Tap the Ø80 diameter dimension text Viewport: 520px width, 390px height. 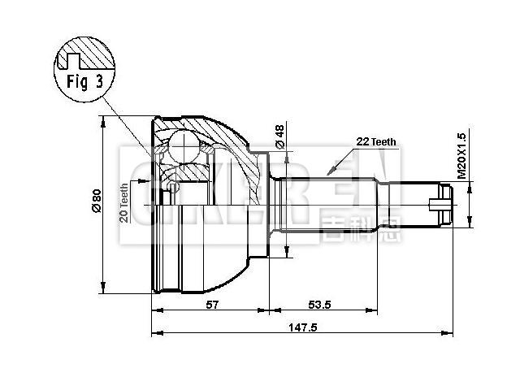(x=96, y=201)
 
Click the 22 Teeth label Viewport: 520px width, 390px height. (x=375, y=141)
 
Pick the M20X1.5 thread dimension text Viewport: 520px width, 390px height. (x=461, y=155)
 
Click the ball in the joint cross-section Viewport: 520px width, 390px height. (x=178, y=149)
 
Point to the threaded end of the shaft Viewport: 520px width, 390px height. (x=440, y=202)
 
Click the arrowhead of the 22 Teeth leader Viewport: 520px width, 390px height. (x=328, y=173)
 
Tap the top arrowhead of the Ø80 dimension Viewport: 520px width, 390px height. (x=103, y=121)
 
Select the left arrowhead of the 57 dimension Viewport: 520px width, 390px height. (x=155, y=310)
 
